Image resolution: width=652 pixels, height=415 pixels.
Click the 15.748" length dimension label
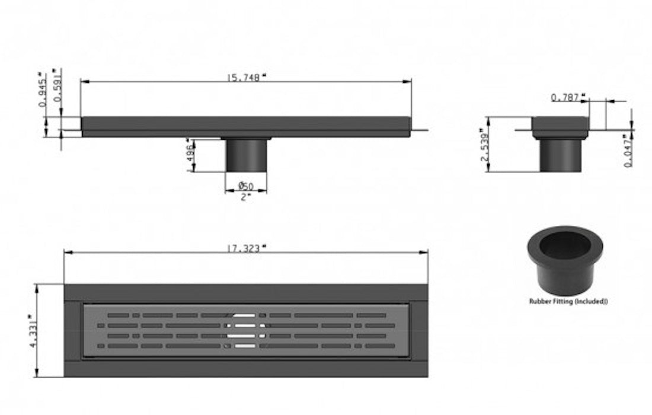246,76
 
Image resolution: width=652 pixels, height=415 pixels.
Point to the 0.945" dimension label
42,90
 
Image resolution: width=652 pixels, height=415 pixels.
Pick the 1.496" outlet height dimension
190,156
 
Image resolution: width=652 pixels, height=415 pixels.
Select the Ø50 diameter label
246,186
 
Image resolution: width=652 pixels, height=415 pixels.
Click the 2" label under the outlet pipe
246,196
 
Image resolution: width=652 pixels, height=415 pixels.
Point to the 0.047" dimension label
628,151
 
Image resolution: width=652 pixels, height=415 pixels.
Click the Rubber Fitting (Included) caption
568,301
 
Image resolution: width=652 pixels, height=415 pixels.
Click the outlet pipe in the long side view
246,155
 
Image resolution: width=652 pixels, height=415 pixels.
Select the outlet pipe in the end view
560,155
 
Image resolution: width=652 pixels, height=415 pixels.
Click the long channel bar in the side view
246,126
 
